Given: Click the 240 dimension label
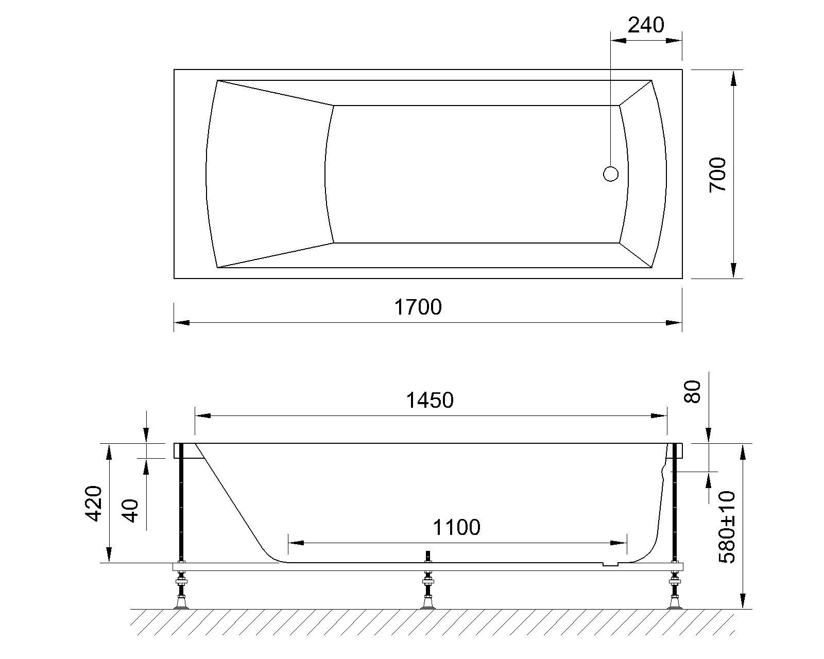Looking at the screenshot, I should [x=646, y=25].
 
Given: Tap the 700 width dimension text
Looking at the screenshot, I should [x=717, y=175].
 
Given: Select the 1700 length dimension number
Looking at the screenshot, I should [x=418, y=307].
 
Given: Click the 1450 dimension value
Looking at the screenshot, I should [x=430, y=400].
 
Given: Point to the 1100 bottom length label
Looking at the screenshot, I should [x=456, y=527].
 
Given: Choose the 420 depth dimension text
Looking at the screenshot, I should [x=94, y=503].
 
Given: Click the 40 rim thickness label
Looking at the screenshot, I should [x=131, y=510].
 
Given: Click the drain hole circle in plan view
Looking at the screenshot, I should [x=610, y=174].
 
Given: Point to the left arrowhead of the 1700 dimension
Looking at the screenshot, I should [x=181, y=323].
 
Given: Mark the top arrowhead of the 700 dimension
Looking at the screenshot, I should [x=733, y=77].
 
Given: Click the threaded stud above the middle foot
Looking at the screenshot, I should [x=427, y=557].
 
